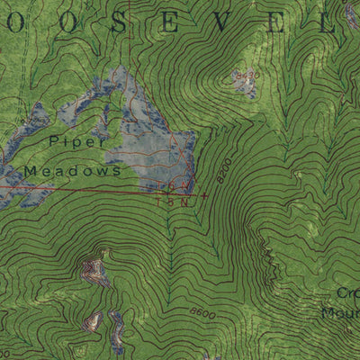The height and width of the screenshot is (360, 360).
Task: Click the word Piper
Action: click(x=78, y=140)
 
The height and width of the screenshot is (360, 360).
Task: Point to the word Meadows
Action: click(x=73, y=169)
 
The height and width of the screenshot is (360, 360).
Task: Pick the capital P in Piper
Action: click(x=55, y=140)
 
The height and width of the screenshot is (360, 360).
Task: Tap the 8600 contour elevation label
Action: click(x=202, y=312)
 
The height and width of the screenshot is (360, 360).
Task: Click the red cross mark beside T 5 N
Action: click(x=205, y=195)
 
